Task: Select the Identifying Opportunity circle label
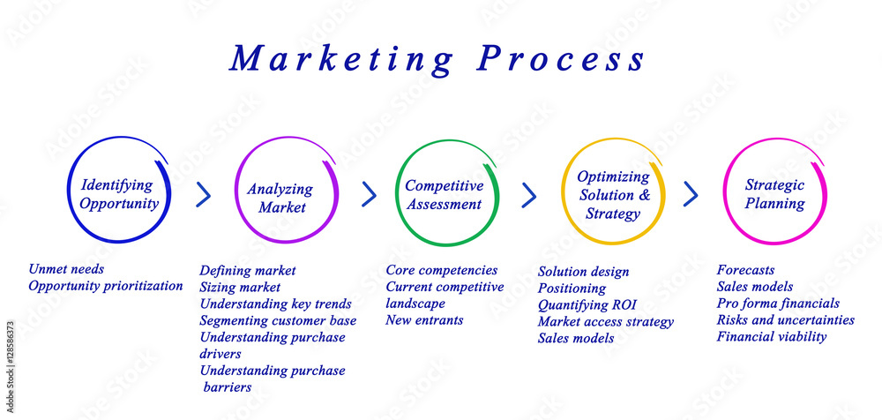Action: click(119, 193)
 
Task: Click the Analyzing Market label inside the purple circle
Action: click(280, 198)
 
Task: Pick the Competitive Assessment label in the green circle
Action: click(444, 194)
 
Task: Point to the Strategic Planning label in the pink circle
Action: click(774, 193)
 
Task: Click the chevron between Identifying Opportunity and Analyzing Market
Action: click(203, 194)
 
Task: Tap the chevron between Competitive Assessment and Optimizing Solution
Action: click(528, 195)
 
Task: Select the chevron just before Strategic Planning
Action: click(691, 194)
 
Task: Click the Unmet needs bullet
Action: click(66, 269)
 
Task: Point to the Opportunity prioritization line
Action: click(106, 286)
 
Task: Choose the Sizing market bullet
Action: click(240, 288)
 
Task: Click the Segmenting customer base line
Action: click(278, 321)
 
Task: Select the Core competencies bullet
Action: click(442, 271)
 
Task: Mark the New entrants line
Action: click(424, 320)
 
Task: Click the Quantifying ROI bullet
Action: click(587, 305)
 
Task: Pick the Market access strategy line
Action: click(605, 322)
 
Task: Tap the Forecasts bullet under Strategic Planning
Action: click(745, 270)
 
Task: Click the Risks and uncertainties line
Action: click(785, 320)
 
